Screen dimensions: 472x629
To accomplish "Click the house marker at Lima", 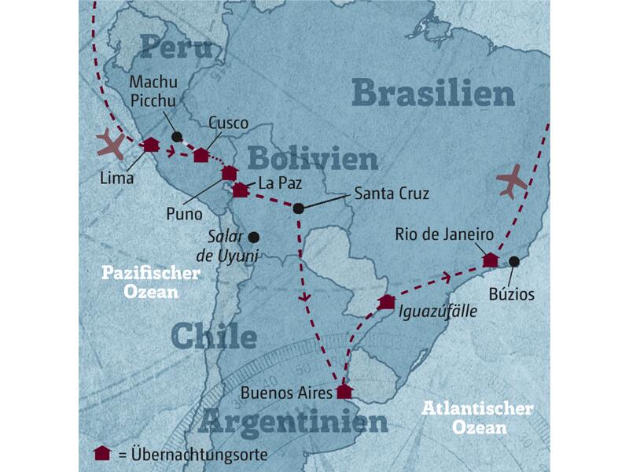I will [151, 144].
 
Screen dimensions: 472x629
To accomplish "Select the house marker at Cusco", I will [202, 155].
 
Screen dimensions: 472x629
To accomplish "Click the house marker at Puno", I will [229, 172].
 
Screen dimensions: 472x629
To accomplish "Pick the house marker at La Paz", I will [240, 189].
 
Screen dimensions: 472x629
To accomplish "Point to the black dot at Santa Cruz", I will [298, 208].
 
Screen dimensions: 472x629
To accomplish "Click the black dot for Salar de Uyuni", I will [253, 236].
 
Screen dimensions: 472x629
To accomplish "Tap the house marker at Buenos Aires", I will [344, 391].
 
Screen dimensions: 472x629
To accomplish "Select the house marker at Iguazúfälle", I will [386, 301].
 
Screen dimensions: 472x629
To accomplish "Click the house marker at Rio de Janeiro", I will [490, 259].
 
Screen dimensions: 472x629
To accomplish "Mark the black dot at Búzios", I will [514, 261].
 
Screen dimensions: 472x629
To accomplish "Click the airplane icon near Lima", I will [109, 146].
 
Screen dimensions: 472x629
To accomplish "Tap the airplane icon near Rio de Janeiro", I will [512, 183].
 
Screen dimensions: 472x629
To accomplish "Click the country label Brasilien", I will [433, 94].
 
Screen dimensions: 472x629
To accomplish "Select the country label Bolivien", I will [313, 160].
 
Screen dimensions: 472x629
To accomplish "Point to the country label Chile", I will [214, 337].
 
